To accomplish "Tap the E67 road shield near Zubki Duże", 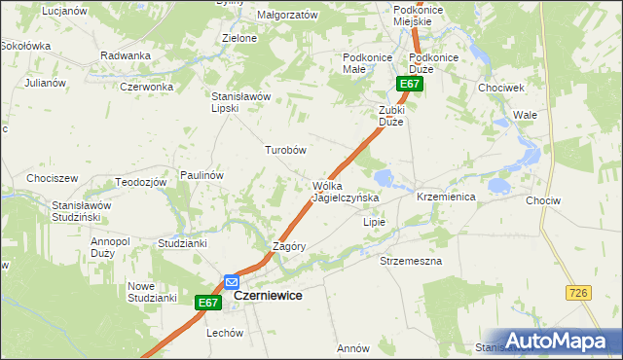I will (x=410, y=85).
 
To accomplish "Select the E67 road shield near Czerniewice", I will (x=207, y=304).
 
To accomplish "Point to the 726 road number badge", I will (x=577, y=292).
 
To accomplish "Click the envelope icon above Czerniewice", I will (x=232, y=282).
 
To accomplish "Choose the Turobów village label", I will (x=286, y=151).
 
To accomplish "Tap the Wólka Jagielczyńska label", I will (x=345, y=192).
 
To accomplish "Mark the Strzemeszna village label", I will (x=411, y=262).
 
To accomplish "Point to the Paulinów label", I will (x=202, y=175).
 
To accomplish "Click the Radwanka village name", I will (x=124, y=55).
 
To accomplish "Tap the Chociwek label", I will (x=501, y=87).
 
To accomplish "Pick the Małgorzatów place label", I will (x=287, y=16).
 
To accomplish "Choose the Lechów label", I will (x=224, y=333).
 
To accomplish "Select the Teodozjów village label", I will (x=136, y=182).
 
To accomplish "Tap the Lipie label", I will (x=375, y=222).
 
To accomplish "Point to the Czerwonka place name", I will (x=146, y=87).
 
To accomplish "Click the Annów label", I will (x=352, y=348).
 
